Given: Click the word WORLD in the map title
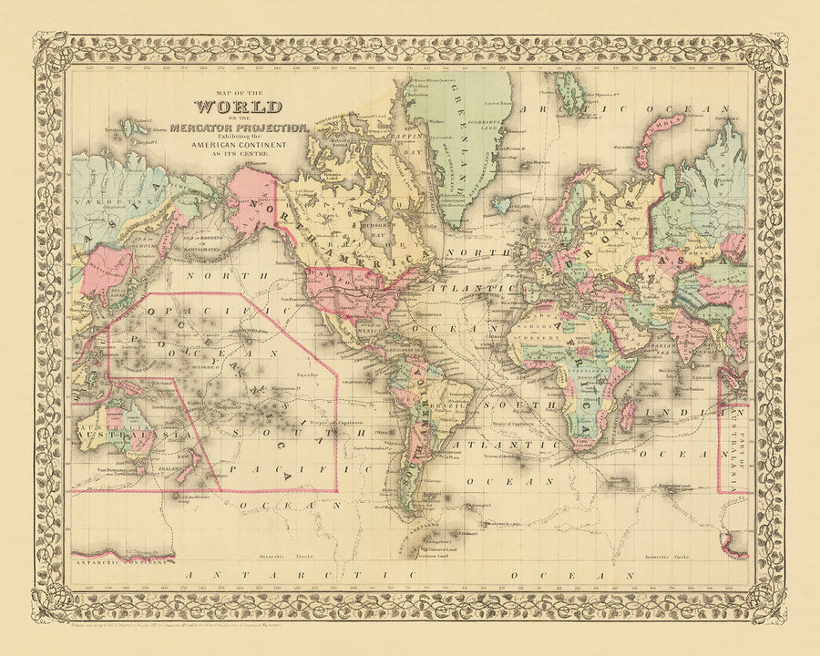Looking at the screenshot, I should tap(243, 111).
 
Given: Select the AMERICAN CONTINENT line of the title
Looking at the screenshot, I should tap(244, 146).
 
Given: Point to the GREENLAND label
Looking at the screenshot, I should tap(461, 150).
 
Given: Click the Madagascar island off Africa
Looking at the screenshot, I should tap(627, 413).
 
